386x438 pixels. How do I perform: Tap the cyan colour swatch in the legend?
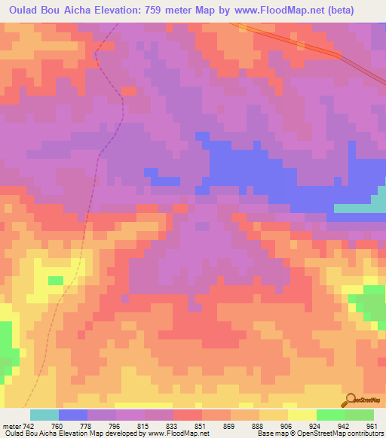[44, 415]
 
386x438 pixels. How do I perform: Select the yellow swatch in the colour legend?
[302, 415]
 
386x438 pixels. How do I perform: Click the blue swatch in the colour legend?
[73, 415]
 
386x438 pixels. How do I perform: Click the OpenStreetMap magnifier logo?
[350, 400]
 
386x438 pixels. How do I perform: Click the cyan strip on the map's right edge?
[359, 207]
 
